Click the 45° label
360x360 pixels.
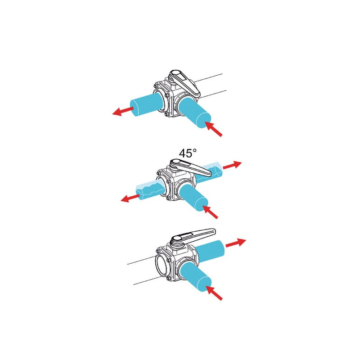coord(188,153)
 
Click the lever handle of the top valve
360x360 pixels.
coord(185,83)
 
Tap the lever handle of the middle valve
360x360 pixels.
coord(190,167)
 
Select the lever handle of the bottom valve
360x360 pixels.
coord(193,237)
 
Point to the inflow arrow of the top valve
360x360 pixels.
coord(213,129)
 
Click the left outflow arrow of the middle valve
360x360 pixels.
coord(130,198)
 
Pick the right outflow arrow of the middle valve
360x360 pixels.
coord(232,165)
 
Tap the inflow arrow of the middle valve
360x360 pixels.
coord(210,212)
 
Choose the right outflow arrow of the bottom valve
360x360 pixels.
coord(236,243)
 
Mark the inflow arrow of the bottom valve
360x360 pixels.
coord(214,292)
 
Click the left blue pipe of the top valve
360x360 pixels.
coord(147,104)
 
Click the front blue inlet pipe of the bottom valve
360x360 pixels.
coord(195,277)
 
